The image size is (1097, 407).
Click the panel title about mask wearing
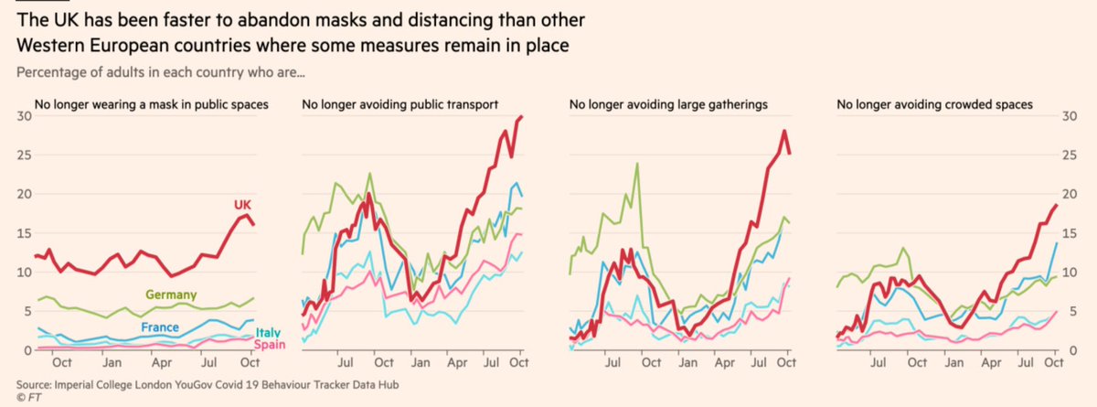tap(151, 105)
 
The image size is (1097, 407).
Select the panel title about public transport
tap(399, 105)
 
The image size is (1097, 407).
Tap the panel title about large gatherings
tap(669, 105)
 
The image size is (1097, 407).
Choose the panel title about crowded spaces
tap(935, 105)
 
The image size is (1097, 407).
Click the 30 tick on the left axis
tap(16, 116)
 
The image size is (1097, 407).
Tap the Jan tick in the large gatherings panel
tap(682, 363)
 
